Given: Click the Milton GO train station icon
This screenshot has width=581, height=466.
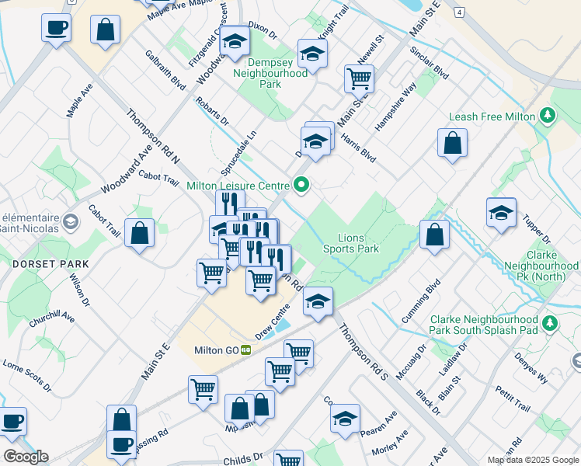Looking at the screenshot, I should pyautogui.click(x=246, y=350).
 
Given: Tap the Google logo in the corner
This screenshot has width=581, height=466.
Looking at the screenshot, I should pyautogui.click(x=25, y=457).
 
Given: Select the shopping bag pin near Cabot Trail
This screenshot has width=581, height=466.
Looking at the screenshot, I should pyautogui.click(x=139, y=232).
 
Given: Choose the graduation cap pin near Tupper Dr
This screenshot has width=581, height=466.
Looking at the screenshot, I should pyautogui.click(x=501, y=212).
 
